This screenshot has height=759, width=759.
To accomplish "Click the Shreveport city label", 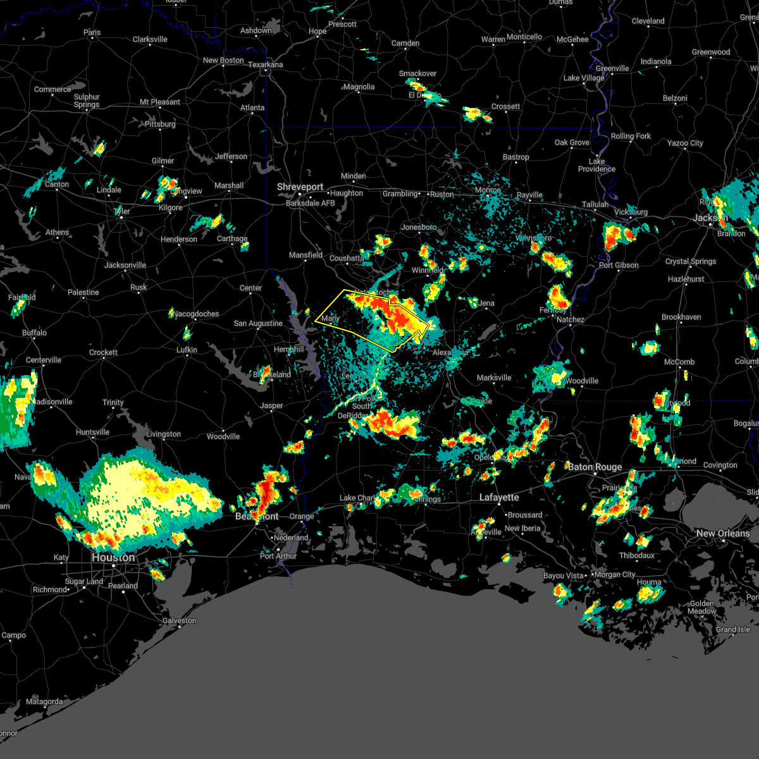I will click(300, 187).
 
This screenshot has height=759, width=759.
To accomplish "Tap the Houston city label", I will click(113, 558).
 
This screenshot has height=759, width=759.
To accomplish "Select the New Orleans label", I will click(722, 534).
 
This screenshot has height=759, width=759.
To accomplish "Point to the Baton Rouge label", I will click(595, 467).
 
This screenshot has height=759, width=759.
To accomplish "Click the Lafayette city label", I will click(499, 498).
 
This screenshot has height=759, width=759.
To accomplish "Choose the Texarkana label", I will click(265, 65).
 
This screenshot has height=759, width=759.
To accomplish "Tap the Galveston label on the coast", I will click(179, 620).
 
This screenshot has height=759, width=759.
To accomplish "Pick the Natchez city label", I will click(570, 320).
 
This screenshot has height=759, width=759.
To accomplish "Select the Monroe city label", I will click(488, 190).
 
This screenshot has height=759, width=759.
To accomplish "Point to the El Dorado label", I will click(424, 96).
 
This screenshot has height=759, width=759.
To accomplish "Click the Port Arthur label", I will click(278, 557).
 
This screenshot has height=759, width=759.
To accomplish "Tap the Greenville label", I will click(612, 69).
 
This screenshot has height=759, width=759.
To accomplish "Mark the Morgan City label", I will click(615, 575).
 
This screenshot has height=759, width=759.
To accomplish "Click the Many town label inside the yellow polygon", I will click(330, 319).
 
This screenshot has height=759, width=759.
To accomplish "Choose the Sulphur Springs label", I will click(87, 101).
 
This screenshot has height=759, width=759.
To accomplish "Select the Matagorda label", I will click(44, 702).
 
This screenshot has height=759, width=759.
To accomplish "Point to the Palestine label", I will click(83, 293).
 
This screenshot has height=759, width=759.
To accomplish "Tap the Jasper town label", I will click(272, 406).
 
